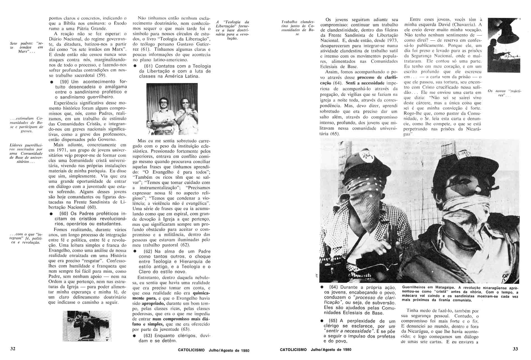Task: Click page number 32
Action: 13,349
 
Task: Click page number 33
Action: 515,349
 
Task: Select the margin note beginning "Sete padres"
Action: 26,48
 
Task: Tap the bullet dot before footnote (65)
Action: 322,321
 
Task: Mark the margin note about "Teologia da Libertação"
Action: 233,30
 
